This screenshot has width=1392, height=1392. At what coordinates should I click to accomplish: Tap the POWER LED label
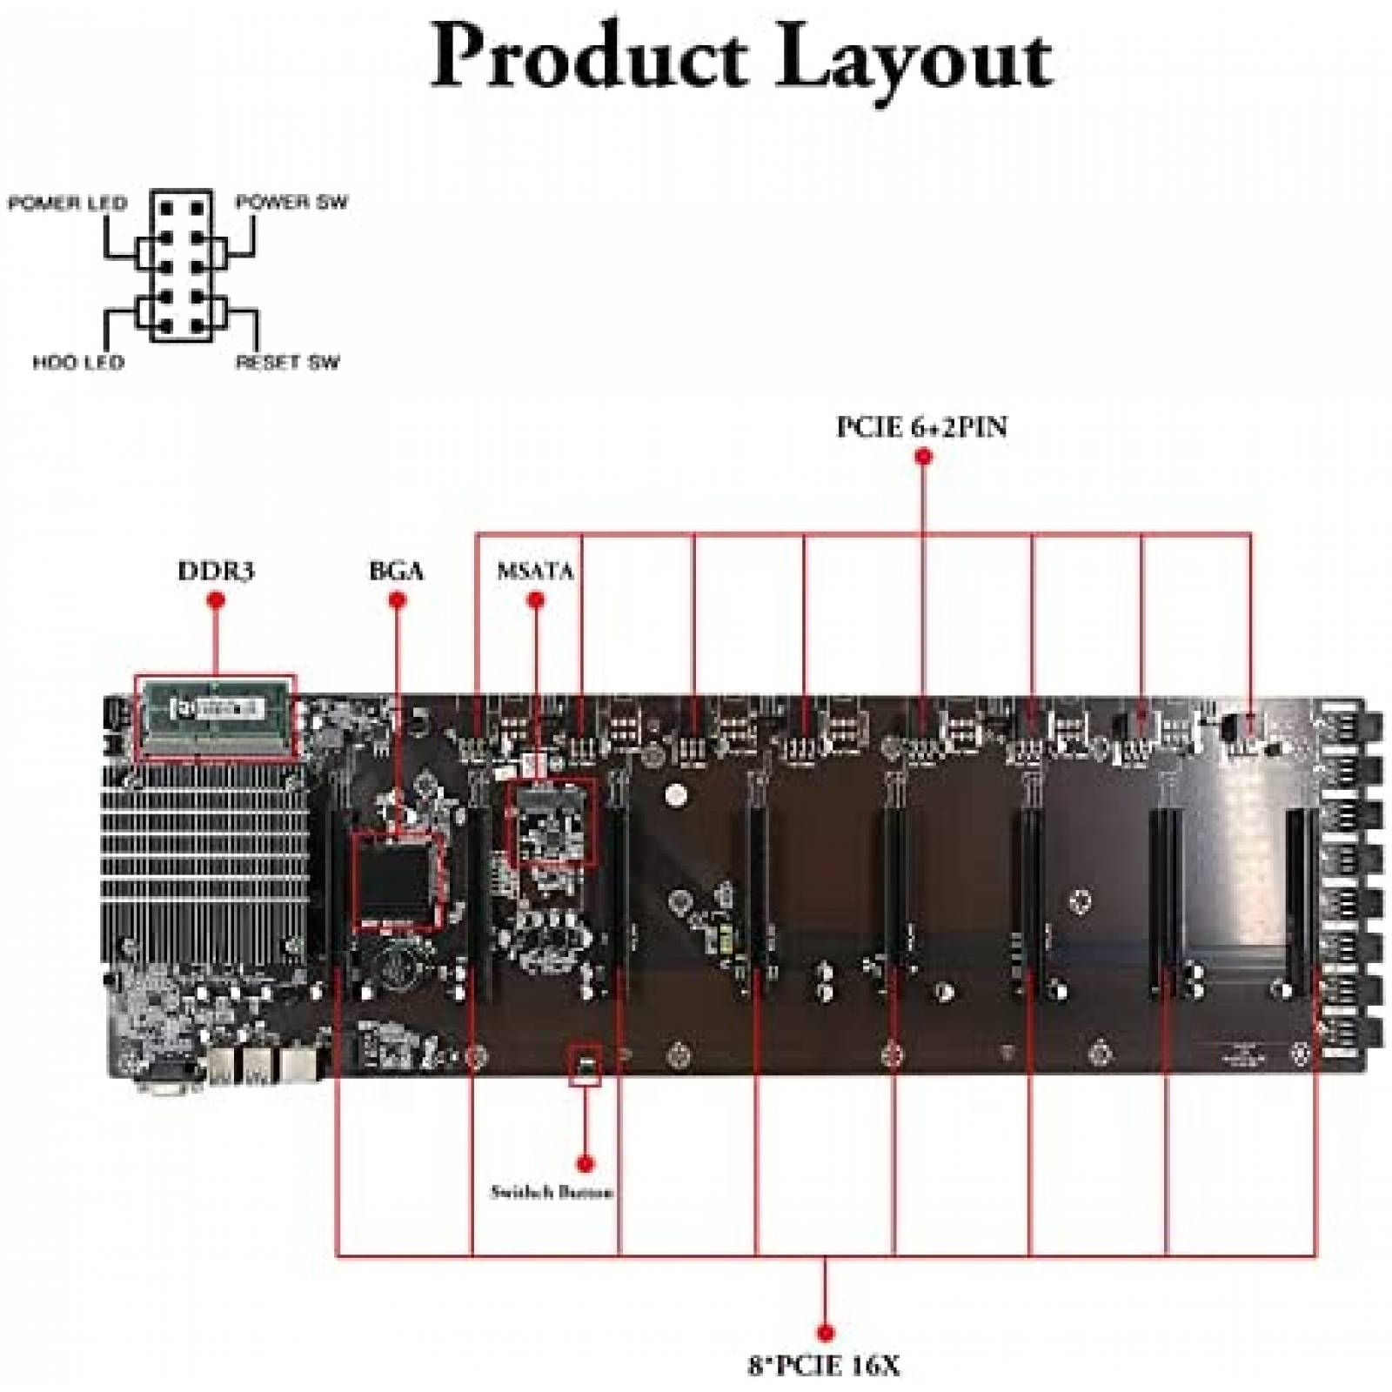[67, 204]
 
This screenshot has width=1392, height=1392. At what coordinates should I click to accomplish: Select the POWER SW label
[291, 203]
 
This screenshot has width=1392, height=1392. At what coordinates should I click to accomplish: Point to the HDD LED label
[78, 362]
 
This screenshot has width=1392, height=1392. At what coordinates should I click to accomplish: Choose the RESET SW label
[287, 362]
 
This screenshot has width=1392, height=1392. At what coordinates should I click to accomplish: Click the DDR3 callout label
[216, 572]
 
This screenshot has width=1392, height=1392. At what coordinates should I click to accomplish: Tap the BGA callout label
[397, 572]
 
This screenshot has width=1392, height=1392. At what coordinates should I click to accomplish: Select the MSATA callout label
[535, 572]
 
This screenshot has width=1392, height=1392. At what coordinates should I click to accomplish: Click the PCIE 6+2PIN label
[922, 427]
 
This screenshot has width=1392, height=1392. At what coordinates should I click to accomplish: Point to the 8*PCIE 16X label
[824, 1366]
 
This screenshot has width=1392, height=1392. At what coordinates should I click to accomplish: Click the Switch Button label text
[552, 1193]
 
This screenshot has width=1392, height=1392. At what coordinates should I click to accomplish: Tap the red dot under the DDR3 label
[217, 600]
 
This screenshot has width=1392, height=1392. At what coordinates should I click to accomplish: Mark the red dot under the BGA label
[398, 600]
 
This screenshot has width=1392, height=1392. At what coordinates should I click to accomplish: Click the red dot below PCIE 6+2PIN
[924, 457]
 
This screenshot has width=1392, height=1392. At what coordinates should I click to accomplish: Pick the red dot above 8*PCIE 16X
[826, 1332]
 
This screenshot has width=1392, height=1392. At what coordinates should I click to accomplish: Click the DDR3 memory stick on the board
[215, 716]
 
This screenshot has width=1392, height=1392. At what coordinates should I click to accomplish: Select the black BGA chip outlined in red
[396, 879]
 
